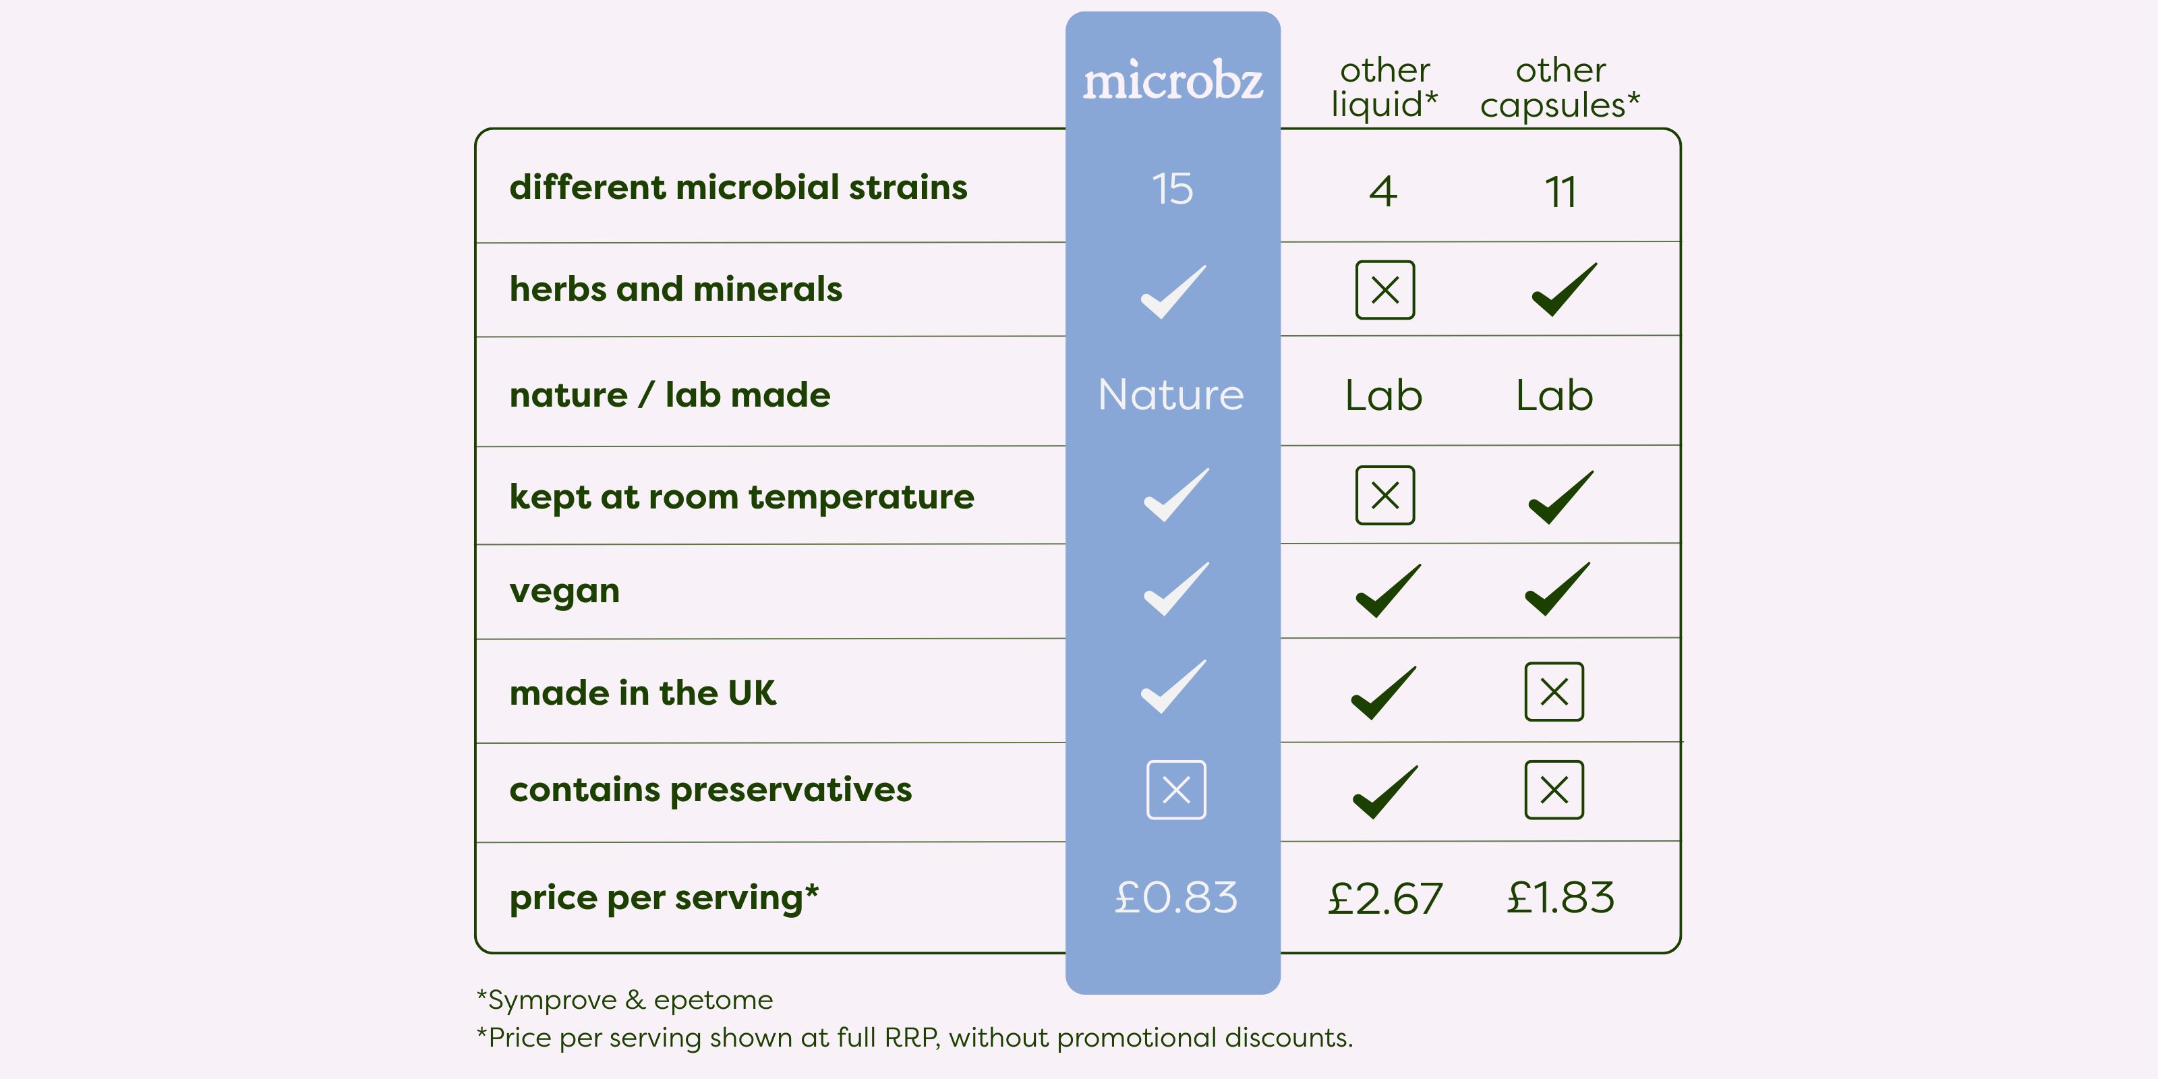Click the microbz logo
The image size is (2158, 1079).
(1173, 80)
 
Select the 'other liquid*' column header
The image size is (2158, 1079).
(1384, 87)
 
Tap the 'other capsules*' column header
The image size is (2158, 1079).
(1560, 87)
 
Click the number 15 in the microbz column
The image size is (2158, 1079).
(1172, 189)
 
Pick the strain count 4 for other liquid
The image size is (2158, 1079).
(1384, 191)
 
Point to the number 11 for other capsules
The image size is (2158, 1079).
(1561, 192)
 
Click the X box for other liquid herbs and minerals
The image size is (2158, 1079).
(1384, 290)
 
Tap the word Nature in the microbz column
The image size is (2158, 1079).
(1171, 395)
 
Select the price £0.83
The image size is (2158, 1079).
(1175, 897)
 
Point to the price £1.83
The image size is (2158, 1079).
(1560, 897)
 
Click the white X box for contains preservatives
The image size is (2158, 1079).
(1176, 790)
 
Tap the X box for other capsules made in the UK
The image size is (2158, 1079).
(1554, 692)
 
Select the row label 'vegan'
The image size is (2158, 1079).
(564, 592)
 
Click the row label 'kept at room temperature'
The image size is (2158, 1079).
(741, 498)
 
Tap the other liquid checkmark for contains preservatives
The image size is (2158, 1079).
(1386, 792)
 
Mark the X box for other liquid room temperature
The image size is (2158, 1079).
(1384, 495)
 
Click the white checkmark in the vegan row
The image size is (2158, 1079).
(1176, 589)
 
